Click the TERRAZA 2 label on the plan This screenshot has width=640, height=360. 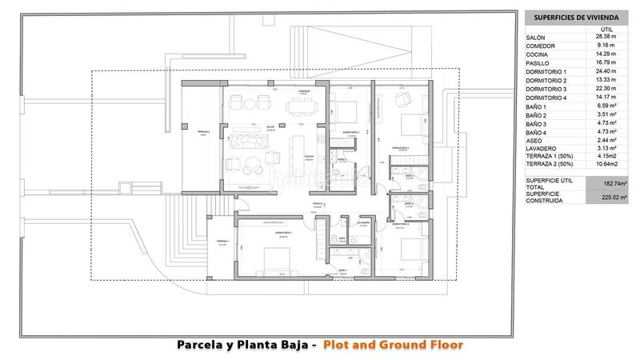click(x=203, y=132)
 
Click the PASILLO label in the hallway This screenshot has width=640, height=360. click(x=318, y=205)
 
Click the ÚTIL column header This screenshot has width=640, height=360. click(x=606, y=29)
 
